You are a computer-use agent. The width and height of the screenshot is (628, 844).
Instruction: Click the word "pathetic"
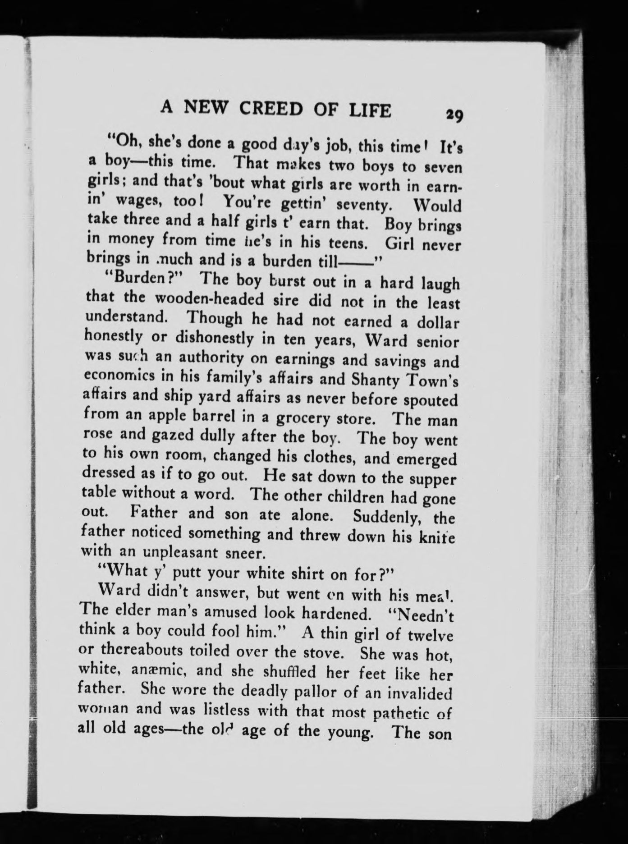click(x=394, y=712)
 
